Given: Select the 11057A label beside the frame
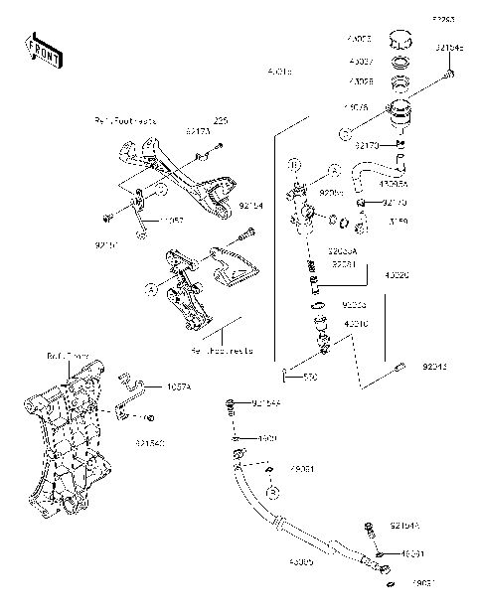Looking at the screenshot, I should [180, 385].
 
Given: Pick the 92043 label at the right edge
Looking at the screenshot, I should [434, 367].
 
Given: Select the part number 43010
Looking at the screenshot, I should [356, 323].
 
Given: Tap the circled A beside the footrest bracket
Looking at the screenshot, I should [151, 289].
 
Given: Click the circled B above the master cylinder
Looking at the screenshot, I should [294, 161].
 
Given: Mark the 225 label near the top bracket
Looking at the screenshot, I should [219, 119].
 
